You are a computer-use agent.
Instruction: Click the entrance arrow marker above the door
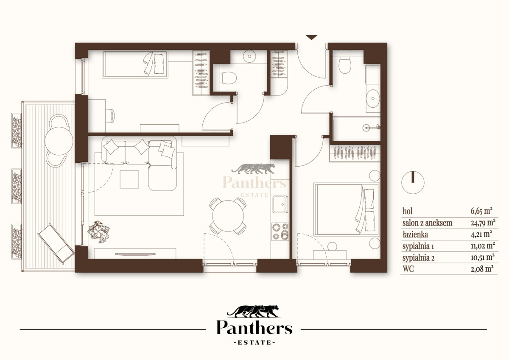coord(311,37)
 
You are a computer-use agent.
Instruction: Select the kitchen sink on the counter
coord(280,204)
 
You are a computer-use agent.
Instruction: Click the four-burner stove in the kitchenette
coord(280,232)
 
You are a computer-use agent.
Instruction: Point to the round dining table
coord(228,216)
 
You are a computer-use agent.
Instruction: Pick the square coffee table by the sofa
coord(129,179)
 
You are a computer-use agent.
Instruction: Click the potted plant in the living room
coord(98,232)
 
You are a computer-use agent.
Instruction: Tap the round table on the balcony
coord(59,141)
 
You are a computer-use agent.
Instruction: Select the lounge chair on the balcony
coord(56,244)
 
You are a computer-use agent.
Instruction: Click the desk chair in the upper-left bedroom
coord(110,116)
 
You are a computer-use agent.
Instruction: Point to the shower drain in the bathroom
coord(366,128)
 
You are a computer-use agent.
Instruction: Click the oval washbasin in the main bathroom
coord(373,98)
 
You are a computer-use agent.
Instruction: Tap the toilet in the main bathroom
coord(345,65)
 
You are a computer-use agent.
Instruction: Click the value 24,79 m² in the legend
coord(483,223)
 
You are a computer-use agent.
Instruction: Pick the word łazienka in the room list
coord(415,234)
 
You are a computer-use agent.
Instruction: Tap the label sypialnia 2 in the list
coord(418,258)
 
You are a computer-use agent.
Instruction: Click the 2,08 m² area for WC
coord(482,269)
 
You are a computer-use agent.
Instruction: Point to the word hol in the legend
coord(408,211)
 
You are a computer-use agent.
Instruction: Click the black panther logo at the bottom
coord(253,311)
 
